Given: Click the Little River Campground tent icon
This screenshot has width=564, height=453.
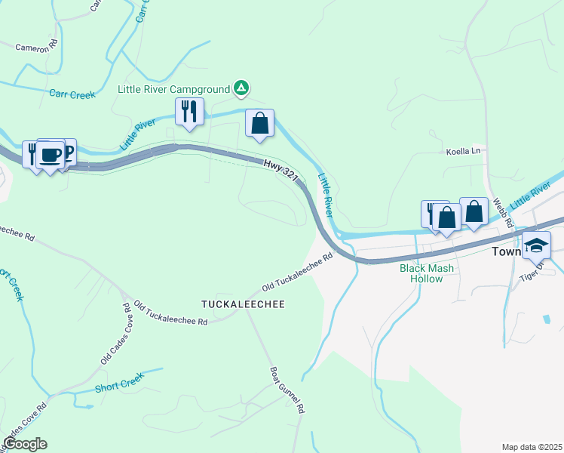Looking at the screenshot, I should click(x=241, y=89).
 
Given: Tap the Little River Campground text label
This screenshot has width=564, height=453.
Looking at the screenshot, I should click(x=173, y=89).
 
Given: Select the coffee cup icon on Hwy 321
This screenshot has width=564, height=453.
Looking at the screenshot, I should click(x=51, y=155).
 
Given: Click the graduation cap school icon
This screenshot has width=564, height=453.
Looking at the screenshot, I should click(x=537, y=245).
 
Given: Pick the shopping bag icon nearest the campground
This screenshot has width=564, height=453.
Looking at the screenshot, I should click(x=259, y=123).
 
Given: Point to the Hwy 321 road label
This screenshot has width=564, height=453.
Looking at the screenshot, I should click(x=281, y=170).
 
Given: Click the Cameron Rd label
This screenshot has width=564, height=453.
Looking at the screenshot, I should click(x=37, y=47).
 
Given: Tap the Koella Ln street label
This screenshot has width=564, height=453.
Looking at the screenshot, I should click(x=463, y=151).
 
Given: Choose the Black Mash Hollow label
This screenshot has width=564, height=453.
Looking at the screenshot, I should click(x=427, y=273).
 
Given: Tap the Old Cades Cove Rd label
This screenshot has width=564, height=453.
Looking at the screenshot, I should click(x=116, y=334).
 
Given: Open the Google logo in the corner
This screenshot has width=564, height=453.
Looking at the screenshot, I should click(x=25, y=444).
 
